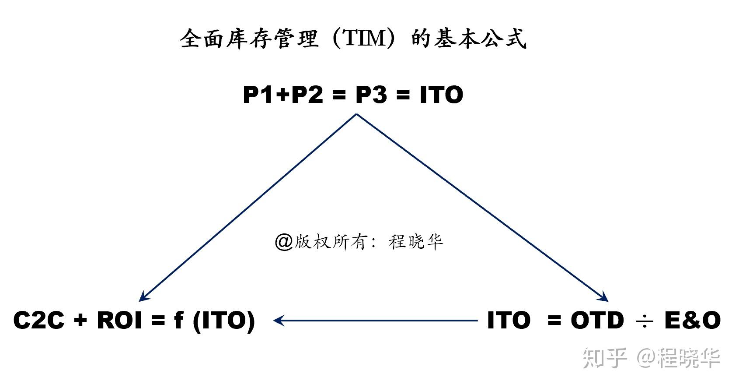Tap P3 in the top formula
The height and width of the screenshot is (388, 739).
coord(371,95)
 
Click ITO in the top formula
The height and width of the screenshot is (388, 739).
coord(441,95)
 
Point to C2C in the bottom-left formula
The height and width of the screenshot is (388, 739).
coord(39,320)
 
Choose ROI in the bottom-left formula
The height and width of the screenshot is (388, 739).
coord(119,320)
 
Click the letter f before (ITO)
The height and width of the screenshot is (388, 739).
coord(178,320)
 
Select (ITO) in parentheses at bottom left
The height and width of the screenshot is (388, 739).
coord(224,321)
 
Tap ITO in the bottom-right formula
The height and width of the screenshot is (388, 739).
coord(509,320)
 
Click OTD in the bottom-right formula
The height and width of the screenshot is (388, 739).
coord(597,320)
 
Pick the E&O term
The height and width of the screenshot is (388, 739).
coord(692,320)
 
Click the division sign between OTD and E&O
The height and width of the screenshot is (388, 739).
coord(644,321)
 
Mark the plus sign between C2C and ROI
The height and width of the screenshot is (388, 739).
coord(80,321)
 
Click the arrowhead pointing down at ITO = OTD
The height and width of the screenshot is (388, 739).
coord(604,297)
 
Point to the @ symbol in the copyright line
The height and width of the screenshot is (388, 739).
coord(283,241)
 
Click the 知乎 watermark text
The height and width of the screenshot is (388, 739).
coord(605,358)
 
